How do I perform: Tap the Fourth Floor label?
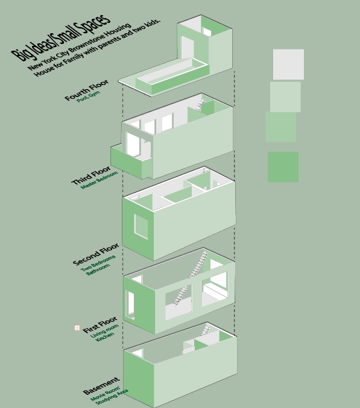86,90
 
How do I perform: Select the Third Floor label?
91,175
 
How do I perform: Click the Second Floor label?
96,254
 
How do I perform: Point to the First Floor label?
100,325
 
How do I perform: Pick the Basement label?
101,386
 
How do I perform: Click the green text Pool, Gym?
89,96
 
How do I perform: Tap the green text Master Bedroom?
99,180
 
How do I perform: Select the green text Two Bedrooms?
98,263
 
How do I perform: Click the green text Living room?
104,331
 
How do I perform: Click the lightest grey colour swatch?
288,64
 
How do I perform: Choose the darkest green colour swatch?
283,167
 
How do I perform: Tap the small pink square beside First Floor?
77,328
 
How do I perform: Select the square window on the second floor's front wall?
141,227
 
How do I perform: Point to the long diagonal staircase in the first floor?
191,278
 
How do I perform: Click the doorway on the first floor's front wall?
130,305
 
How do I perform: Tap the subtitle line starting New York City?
80,46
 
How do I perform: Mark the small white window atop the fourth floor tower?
207,32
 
